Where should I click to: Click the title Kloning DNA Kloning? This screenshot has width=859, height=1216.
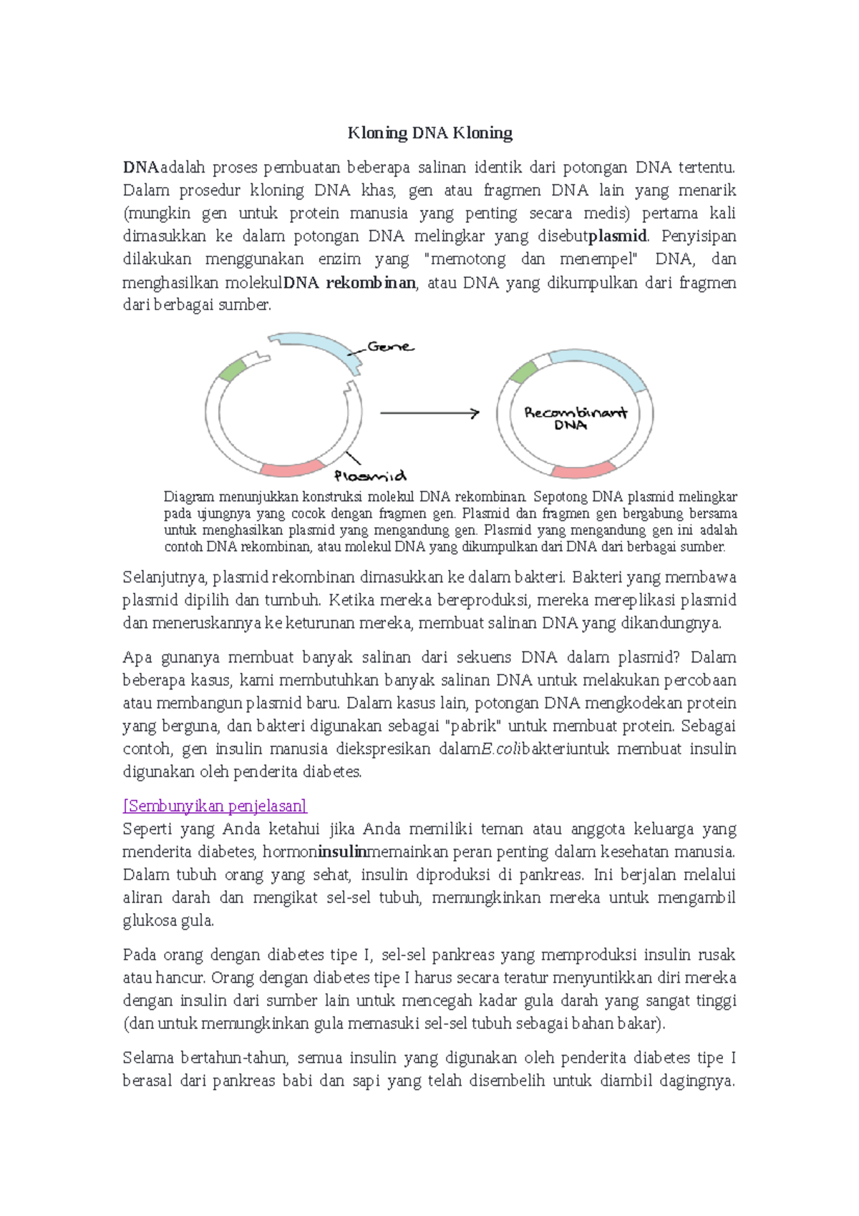429,132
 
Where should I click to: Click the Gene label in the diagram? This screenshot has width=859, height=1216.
389,347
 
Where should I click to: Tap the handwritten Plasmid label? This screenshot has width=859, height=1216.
370,476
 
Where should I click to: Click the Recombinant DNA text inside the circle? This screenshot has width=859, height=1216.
575,418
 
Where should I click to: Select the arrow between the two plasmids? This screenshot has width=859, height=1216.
429,413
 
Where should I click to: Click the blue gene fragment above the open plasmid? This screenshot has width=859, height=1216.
315,347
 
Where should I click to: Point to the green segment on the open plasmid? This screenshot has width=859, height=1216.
233,370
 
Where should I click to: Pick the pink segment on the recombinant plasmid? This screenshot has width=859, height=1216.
583,471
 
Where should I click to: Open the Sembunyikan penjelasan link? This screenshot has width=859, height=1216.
215,806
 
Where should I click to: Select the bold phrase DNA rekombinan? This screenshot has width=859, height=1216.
349,282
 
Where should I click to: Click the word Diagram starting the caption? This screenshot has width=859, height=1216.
188,497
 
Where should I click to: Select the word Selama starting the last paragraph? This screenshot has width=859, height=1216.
148,1058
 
